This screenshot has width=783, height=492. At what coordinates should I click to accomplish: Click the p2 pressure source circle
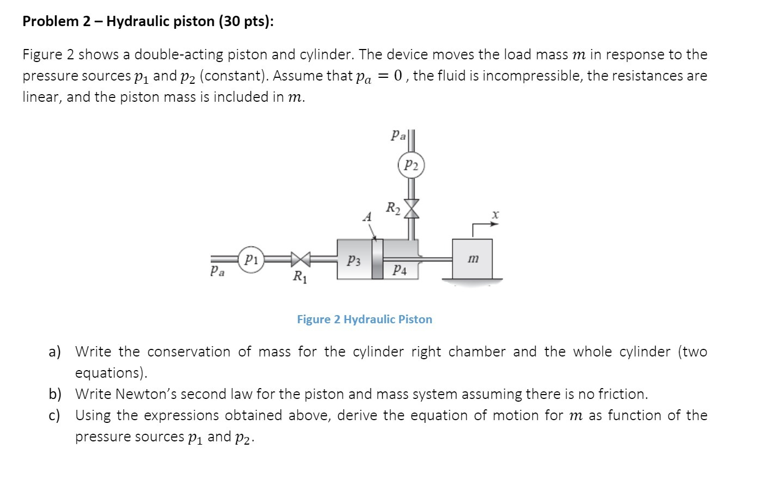pos(411,165)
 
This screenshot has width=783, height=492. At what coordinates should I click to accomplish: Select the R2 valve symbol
pos(412,208)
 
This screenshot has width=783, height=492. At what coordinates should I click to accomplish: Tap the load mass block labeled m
pos(472,260)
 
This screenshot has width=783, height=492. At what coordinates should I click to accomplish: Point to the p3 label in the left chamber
pos(354,261)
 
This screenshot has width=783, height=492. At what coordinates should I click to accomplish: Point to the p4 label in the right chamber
pos(399,269)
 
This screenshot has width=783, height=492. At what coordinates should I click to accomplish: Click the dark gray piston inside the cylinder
pos(377,259)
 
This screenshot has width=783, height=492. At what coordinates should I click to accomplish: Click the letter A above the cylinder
pos(367,217)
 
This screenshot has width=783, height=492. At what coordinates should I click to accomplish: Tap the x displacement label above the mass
pos(494,216)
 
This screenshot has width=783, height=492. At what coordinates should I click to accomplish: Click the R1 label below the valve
pos(299,278)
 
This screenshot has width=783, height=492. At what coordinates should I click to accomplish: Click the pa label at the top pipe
pos(399,136)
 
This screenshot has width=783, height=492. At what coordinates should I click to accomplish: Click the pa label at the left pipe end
pos(217,270)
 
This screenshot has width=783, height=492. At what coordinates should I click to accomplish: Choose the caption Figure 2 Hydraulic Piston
pos(364,319)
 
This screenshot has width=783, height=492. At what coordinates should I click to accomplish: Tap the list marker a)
pos(54,352)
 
